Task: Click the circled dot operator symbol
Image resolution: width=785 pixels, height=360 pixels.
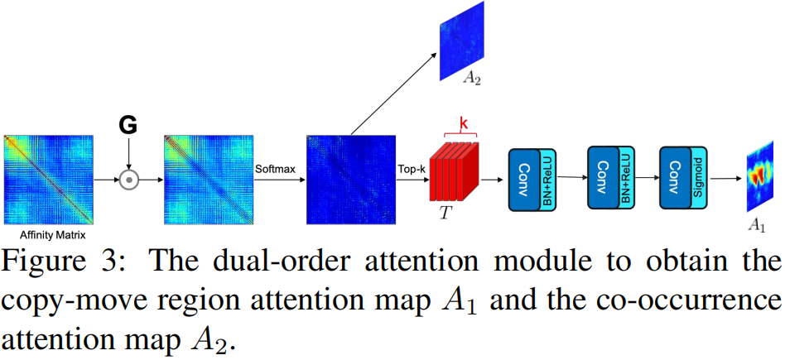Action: point(128,179)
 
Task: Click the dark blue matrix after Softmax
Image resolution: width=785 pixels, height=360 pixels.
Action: point(348,175)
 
